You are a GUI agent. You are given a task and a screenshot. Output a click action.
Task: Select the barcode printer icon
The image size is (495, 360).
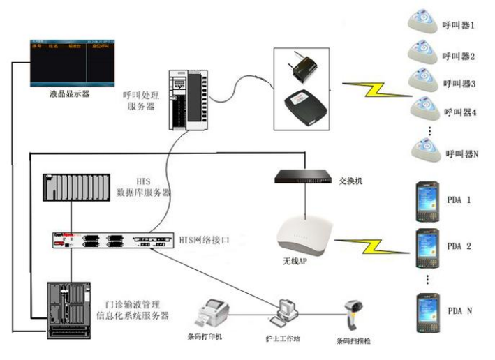[x=214, y=313]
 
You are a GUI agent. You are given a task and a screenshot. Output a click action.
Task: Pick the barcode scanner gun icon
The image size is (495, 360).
[x=352, y=316]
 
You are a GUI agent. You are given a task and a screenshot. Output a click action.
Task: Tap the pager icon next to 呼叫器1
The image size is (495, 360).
[x=423, y=22]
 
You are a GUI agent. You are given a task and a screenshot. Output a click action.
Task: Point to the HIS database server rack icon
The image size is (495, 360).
[x=75, y=187]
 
